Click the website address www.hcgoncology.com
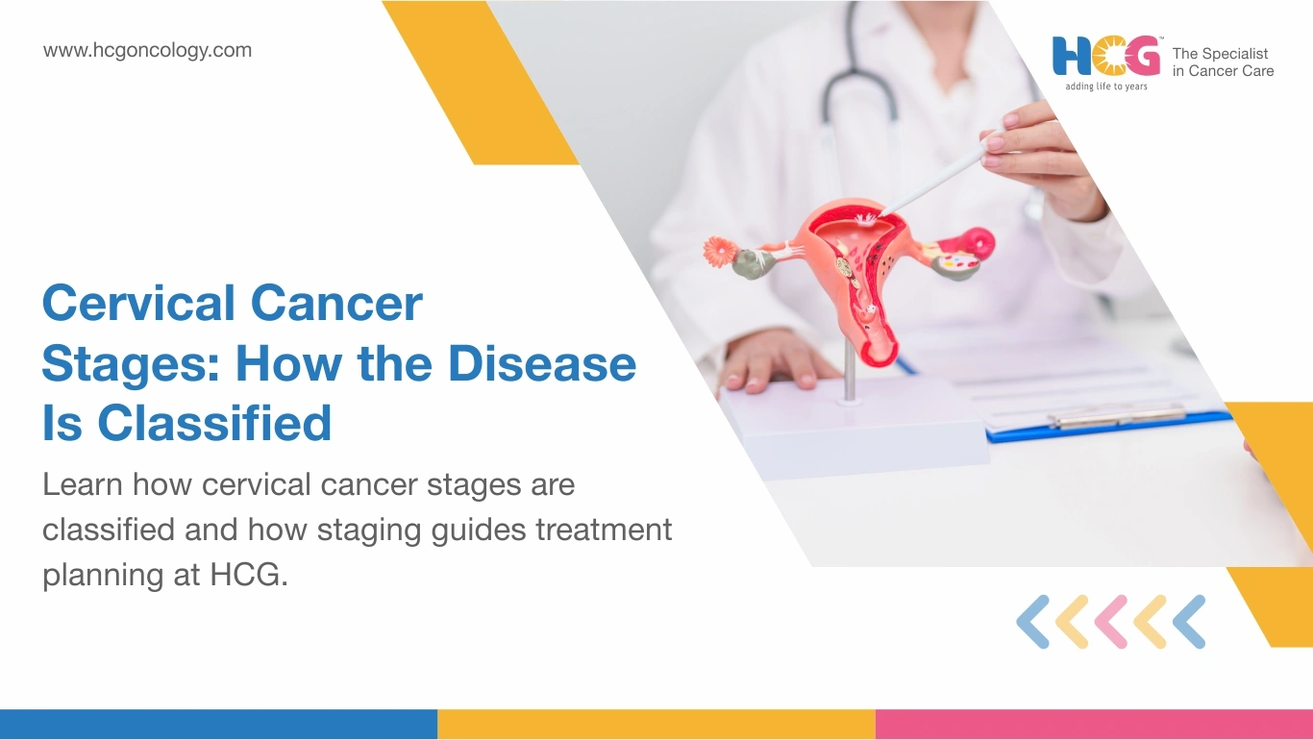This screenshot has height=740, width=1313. [x=147, y=51]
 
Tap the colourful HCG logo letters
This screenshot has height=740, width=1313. [x=1106, y=56]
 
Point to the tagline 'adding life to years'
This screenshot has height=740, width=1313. [x=1106, y=86]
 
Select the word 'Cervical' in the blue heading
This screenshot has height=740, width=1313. [x=138, y=303]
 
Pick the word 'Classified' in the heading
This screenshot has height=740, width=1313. [x=214, y=422]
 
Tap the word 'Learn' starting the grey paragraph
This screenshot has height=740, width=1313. [x=83, y=484]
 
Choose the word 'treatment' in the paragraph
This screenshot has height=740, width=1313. [x=604, y=530]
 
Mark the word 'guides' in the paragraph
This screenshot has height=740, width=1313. [x=479, y=530]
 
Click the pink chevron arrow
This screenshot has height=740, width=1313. [x=1110, y=622]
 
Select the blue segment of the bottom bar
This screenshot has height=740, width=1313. [x=218, y=725]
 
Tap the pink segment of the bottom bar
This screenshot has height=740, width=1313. [x=1094, y=725]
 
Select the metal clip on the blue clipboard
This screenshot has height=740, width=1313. [x=1117, y=416]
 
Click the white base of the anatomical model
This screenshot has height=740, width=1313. [x=855, y=428]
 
